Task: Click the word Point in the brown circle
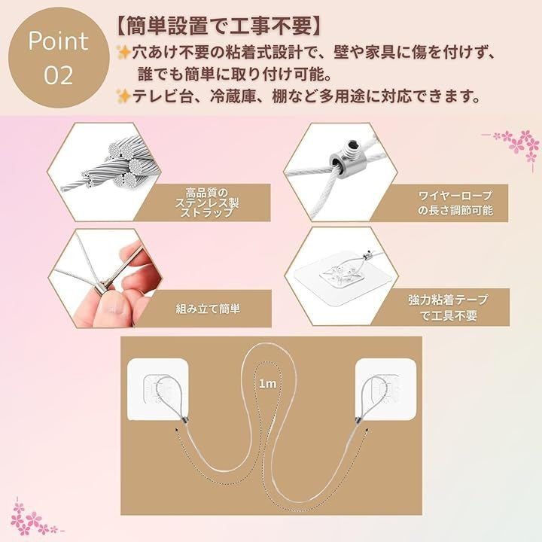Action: click(58, 41)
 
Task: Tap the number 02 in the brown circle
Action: click(59, 75)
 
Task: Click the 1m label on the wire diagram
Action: click(267, 384)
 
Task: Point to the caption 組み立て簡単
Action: click(208, 309)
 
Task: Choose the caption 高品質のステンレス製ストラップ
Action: click(207, 202)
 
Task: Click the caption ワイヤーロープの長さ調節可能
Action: click(455, 203)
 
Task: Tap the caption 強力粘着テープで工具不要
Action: click(449, 307)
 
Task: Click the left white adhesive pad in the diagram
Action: click(157, 389)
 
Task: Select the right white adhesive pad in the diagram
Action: click(385, 389)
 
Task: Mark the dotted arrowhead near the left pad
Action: click(177, 430)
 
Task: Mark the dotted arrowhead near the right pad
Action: click(367, 430)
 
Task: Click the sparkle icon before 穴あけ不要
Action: click(123, 53)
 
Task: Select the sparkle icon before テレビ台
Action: click(123, 96)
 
